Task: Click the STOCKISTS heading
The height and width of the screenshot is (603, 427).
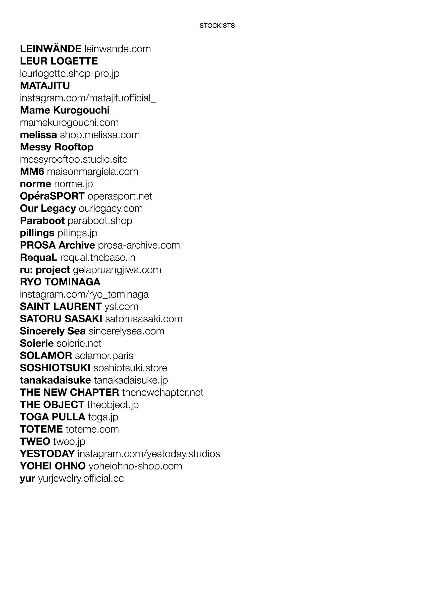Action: click(217, 26)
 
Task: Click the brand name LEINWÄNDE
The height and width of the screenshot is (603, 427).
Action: click(50, 49)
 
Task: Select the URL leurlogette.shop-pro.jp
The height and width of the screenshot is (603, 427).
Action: click(70, 74)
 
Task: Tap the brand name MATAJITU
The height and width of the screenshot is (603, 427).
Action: click(45, 86)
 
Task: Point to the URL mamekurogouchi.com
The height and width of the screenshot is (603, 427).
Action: click(69, 123)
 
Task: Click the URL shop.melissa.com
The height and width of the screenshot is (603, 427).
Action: click(100, 135)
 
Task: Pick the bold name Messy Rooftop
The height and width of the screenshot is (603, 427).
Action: click(57, 147)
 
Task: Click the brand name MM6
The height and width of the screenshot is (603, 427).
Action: click(32, 171)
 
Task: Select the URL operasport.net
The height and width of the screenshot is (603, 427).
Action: click(120, 196)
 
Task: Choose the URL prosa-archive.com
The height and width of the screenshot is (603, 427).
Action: click(139, 245)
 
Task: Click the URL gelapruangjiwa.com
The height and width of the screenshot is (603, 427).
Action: click(117, 270)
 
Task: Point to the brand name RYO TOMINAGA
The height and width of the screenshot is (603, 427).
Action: click(60, 282)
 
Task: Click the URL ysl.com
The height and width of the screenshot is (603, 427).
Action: click(121, 307)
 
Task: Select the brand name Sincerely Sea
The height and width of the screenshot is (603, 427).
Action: click(52, 331)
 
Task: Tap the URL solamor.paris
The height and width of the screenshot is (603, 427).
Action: click(104, 356)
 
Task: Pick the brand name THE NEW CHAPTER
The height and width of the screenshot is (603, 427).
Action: click(69, 393)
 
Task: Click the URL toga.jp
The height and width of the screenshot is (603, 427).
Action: click(103, 417)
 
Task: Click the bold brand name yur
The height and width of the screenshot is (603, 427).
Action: click(27, 478)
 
